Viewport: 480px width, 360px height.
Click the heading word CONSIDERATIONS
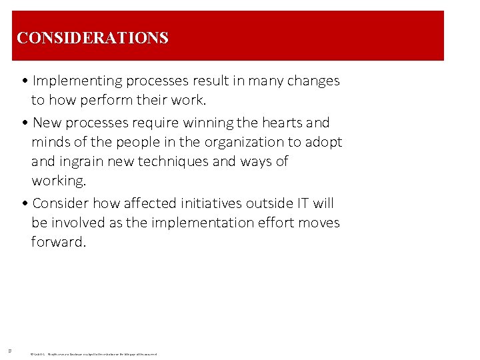tap(93, 37)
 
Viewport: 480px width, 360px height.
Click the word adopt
tap(323, 142)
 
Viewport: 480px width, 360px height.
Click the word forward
tap(59, 242)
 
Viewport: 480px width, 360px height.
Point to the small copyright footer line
tap(93, 354)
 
